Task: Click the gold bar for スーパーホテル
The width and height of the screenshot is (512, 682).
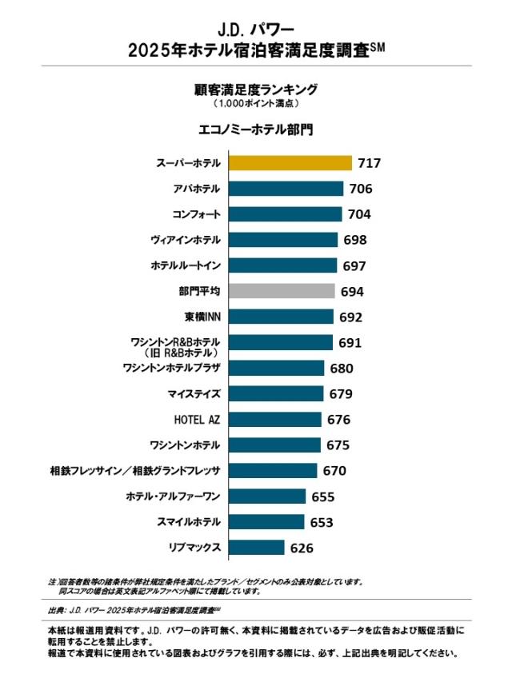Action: point(290,163)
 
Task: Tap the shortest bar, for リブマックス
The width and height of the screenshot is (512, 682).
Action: point(257,548)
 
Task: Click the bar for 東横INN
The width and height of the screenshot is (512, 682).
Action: point(281,317)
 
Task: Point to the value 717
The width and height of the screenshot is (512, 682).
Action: point(370,163)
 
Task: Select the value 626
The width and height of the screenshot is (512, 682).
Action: point(302,548)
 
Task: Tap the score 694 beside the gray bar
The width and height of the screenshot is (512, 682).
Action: point(352,291)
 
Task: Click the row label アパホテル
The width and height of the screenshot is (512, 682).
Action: point(197,189)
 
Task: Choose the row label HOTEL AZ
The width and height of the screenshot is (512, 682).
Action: point(197,419)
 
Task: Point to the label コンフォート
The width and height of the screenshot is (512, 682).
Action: point(197,214)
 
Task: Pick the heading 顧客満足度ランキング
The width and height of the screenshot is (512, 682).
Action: point(256,90)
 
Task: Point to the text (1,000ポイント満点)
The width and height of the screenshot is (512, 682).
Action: point(256,104)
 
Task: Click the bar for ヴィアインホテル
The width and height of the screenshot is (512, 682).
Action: point(283,240)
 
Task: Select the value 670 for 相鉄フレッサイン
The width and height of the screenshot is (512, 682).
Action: point(334,471)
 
